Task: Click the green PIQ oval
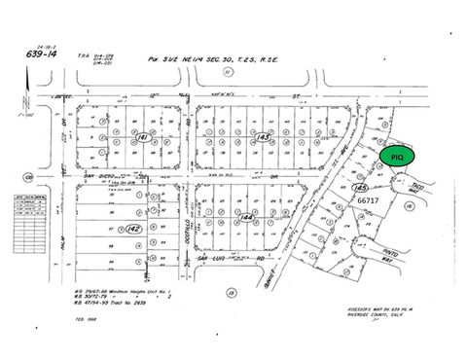396,156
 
